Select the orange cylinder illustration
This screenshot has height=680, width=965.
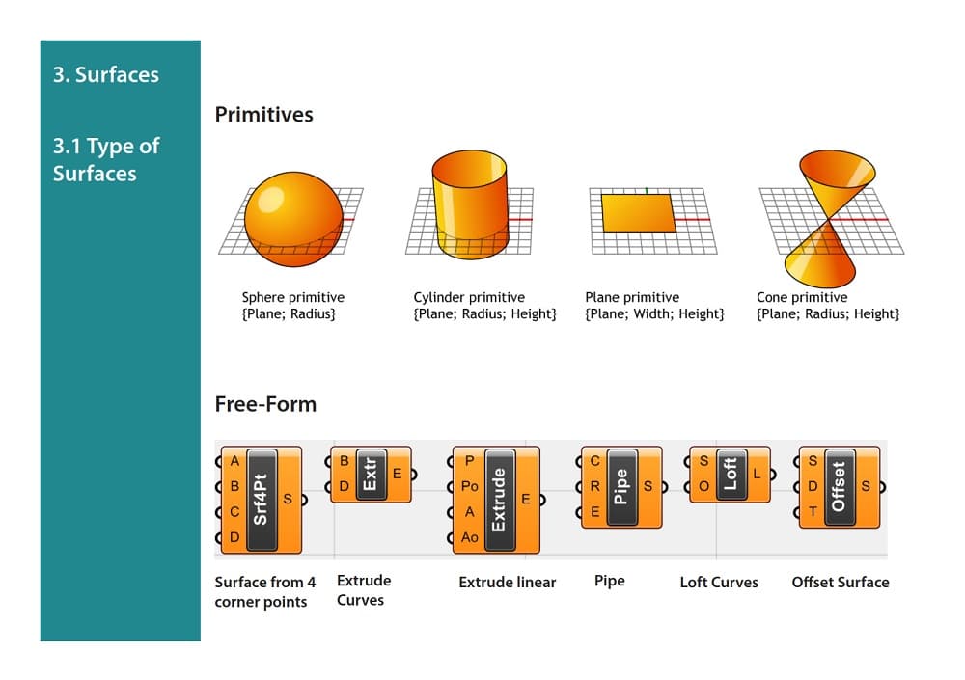pyautogui.click(x=467, y=204)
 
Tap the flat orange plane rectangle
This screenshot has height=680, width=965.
pyautogui.click(x=639, y=213)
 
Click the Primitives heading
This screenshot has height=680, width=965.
pyautogui.click(x=263, y=115)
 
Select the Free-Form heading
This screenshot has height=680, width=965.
pyautogui.click(x=265, y=404)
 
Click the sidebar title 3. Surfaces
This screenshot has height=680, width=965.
pyautogui.click(x=106, y=74)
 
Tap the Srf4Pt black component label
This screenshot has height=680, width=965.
pyautogui.click(x=261, y=499)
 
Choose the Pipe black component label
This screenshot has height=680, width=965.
pyautogui.click(x=620, y=486)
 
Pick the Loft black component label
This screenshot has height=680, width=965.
pyautogui.click(x=730, y=474)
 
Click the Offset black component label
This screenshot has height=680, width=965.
pyautogui.click(x=838, y=486)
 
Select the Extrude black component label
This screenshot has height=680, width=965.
pyautogui.click(x=499, y=499)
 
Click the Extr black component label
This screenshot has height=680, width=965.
pyautogui.click(x=370, y=474)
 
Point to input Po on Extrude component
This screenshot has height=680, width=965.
pyautogui.click(x=469, y=487)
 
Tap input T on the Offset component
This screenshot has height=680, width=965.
pyautogui.click(x=813, y=512)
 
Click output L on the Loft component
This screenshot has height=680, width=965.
pyautogui.click(x=758, y=474)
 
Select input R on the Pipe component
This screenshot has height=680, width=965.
pyautogui.click(x=595, y=487)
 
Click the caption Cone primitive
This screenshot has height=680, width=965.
pyautogui.click(x=802, y=297)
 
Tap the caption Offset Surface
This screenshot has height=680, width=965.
pyautogui.click(x=841, y=582)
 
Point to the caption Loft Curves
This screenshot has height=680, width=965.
pyautogui.click(x=719, y=582)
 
